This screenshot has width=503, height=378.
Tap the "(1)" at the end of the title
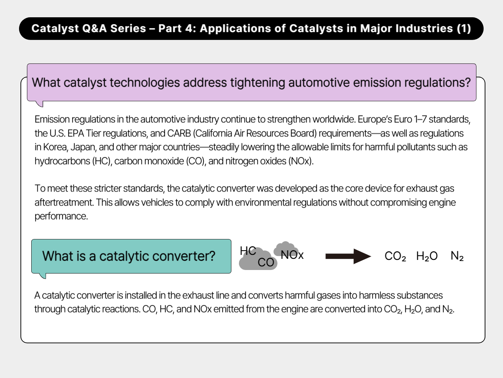(464, 28)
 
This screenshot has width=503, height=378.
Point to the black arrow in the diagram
(348, 256)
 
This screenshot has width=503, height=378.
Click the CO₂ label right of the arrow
(395, 256)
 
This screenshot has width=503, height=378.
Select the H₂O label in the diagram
(427, 256)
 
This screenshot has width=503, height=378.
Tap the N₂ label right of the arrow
(457, 256)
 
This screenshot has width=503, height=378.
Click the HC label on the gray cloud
(248, 251)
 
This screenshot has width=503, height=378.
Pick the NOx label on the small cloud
(292, 255)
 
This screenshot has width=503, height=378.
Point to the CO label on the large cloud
(266, 262)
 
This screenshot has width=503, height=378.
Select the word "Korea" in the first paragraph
(55, 147)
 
